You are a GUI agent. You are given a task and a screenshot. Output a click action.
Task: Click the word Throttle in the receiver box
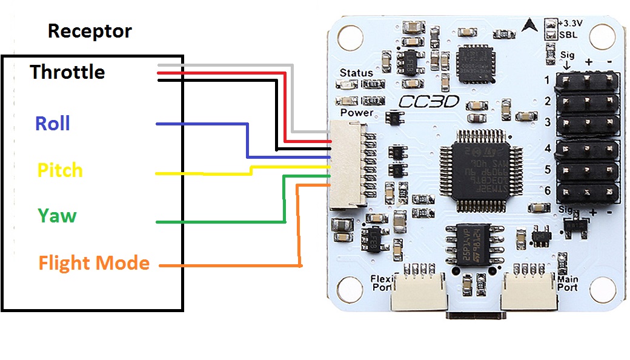68,72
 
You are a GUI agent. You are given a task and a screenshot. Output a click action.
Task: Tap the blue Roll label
53,124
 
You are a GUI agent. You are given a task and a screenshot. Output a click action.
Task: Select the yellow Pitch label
60,170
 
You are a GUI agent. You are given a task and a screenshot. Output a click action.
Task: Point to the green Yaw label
57,215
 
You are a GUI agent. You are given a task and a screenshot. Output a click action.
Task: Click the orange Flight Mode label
94,263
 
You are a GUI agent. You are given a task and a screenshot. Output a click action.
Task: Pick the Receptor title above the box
90,31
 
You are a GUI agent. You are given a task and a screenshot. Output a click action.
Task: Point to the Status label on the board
356,73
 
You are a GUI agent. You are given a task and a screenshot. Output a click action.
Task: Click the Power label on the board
357,113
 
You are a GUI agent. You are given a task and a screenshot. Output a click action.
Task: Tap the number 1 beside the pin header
547,80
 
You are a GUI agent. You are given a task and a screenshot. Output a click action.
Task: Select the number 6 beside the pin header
548,191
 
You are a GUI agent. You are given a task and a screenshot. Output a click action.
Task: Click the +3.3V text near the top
572,23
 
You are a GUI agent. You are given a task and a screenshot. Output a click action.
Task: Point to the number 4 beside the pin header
548,147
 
